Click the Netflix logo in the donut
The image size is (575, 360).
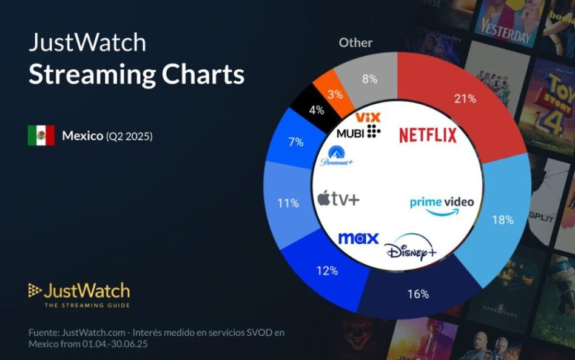click(x=428, y=135)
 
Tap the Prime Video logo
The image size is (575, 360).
click(x=442, y=205)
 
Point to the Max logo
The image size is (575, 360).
click(x=358, y=238)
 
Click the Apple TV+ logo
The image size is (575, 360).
click(x=338, y=199)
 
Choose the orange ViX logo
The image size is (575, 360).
click(x=368, y=117)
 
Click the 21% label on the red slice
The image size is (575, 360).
click(x=465, y=99)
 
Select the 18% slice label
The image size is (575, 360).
click(x=502, y=220)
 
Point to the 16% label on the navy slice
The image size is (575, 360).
click(x=418, y=294)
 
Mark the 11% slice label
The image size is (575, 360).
click(x=288, y=203)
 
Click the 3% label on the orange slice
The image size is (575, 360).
click(x=335, y=95)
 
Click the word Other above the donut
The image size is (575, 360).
click(x=355, y=42)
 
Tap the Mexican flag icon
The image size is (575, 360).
click(x=41, y=136)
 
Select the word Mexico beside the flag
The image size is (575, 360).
click(x=82, y=136)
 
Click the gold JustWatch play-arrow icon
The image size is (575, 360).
click(x=35, y=290)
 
